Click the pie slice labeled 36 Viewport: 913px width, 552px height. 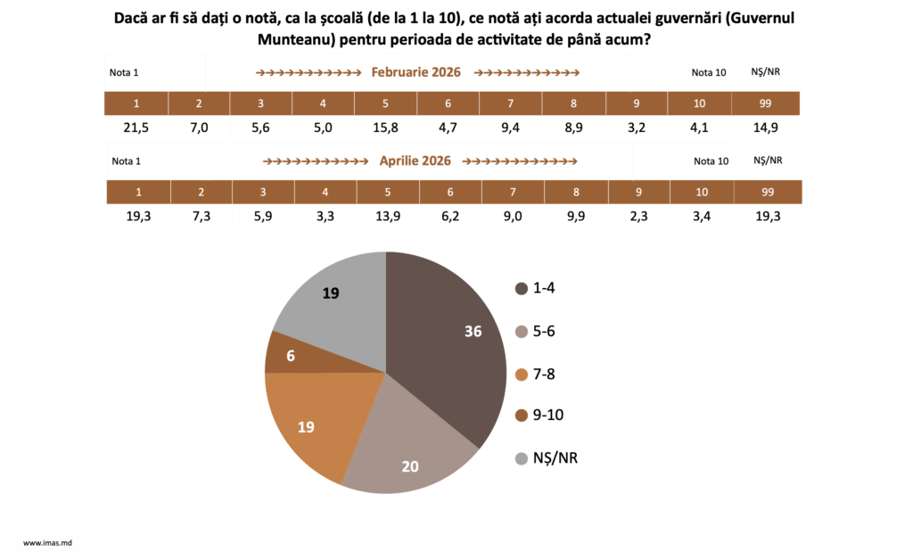[446, 339]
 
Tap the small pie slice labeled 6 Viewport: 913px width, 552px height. [294, 355]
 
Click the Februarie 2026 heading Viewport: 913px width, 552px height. [415, 72]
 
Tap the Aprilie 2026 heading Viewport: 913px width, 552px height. [415, 161]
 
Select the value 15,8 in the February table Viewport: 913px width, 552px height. [385, 128]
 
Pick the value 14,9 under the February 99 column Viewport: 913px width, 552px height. [766, 128]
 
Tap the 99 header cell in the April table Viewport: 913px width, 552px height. [768, 192]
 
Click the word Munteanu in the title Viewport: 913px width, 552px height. [293, 40]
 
